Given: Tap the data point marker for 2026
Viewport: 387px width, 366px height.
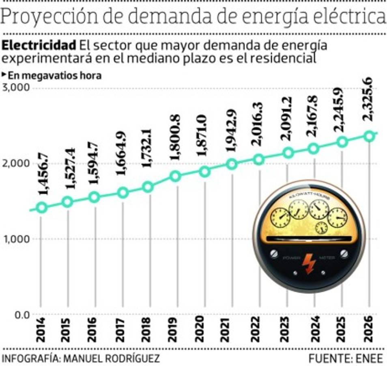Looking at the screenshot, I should [369, 136].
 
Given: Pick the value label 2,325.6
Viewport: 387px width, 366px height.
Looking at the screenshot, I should [369, 100].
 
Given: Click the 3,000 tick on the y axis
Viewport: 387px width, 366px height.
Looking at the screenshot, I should [16, 88].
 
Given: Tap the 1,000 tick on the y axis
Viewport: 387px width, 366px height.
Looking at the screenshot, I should [16, 239].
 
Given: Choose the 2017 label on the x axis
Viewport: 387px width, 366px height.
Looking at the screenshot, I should [120, 331].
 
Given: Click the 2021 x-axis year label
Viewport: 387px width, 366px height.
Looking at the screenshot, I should [230, 331].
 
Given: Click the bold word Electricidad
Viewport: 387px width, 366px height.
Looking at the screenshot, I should [39, 45].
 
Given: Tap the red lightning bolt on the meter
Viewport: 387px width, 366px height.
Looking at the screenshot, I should [309, 264].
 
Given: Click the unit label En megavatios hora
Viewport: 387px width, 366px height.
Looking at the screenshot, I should [54, 75].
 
